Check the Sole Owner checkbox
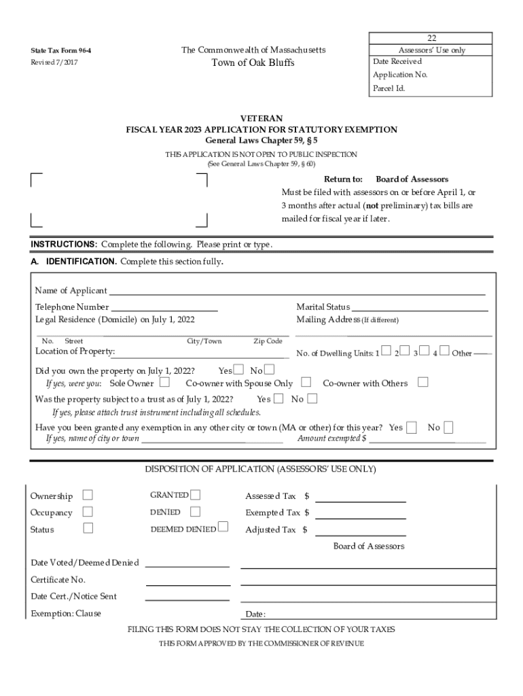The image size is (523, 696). [x=164, y=383]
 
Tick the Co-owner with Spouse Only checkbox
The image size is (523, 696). [x=306, y=383]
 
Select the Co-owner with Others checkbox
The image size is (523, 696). [x=423, y=383]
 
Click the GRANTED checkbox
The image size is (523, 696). [x=196, y=495]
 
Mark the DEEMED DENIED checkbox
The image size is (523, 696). [x=223, y=528]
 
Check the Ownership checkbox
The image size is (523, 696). [x=88, y=495]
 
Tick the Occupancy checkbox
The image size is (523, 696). [x=88, y=512]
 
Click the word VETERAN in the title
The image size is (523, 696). [x=261, y=118]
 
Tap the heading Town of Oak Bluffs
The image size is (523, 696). [x=253, y=63]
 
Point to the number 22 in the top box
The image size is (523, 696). [x=431, y=38]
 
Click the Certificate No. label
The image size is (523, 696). [x=58, y=580]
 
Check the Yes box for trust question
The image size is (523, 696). [x=278, y=399]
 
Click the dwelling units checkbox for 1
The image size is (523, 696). [x=386, y=351]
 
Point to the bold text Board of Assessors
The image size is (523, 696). [x=412, y=179]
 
